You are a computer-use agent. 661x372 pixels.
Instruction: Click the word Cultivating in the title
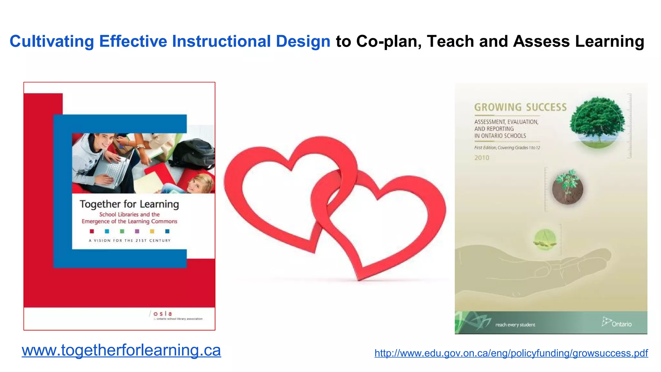[x=52, y=41]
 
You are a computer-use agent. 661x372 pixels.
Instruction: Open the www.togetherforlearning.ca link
[x=121, y=350]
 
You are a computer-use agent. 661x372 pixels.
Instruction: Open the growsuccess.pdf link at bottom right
[x=511, y=353]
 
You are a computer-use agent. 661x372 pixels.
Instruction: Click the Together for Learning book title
[x=129, y=204]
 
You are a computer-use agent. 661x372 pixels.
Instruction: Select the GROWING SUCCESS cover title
[x=520, y=107]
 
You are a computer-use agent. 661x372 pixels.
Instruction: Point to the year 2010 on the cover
[x=482, y=158]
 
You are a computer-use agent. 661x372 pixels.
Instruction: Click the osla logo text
[x=162, y=314]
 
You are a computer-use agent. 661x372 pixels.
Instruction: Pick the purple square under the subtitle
[x=137, y=231]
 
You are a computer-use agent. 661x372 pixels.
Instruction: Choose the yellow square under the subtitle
[x=152, y=231]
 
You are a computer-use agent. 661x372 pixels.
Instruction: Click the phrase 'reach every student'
[x=515, y=325]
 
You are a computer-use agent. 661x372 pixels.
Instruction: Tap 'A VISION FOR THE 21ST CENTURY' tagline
[x=129, y=241]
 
